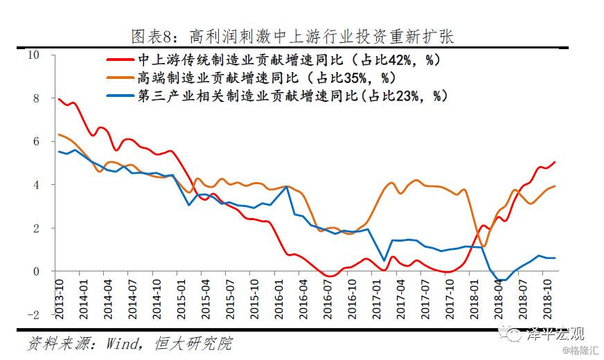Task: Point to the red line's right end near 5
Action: (x=555, y=162)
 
